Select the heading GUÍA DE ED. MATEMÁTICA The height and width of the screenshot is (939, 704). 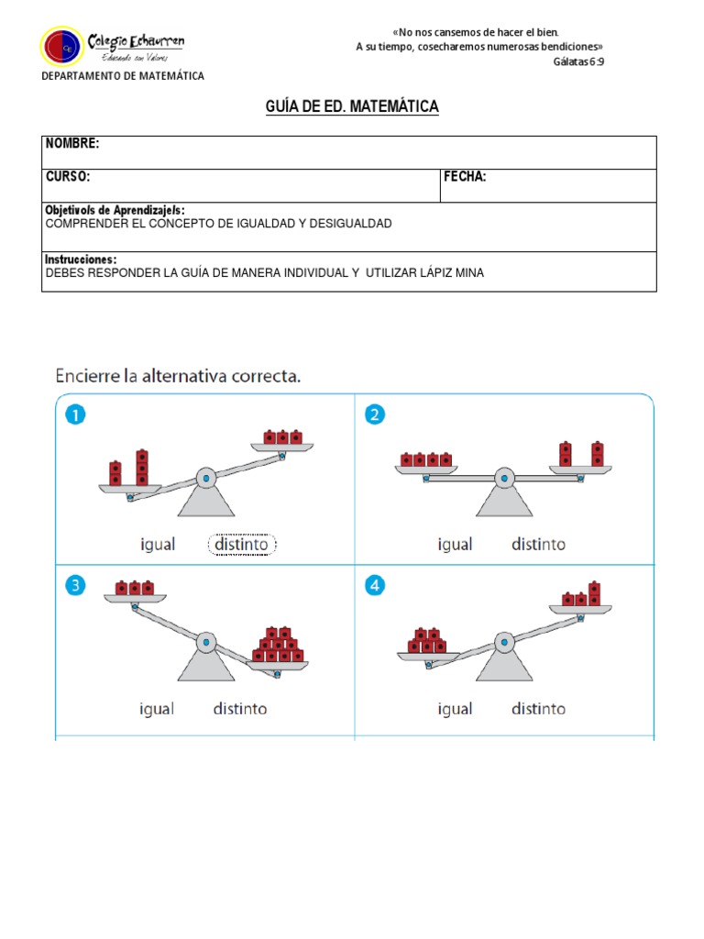(352, 107)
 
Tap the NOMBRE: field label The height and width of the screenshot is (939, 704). (72, 144)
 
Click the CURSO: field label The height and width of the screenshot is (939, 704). (68, 177)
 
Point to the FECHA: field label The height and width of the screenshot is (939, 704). (466, 177)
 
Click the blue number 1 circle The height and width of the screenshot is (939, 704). (75, 415)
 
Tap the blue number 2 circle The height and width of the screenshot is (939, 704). (374, 415)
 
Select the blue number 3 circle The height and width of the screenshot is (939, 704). (75, 584)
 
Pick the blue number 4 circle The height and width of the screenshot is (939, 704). (374, 584)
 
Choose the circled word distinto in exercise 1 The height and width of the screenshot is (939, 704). (242, 545)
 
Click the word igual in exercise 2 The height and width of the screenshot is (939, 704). (456, 545)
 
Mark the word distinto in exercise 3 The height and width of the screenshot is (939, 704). (240, 709)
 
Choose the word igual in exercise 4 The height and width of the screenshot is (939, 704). (456, 709)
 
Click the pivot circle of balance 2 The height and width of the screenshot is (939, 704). (503, 477)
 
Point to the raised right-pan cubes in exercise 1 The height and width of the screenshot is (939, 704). (282, 437)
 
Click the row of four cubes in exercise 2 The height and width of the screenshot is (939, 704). (426, 459)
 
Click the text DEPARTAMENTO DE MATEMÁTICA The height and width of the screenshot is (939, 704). (123, 76)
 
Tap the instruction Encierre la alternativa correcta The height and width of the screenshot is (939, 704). (178, 375)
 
